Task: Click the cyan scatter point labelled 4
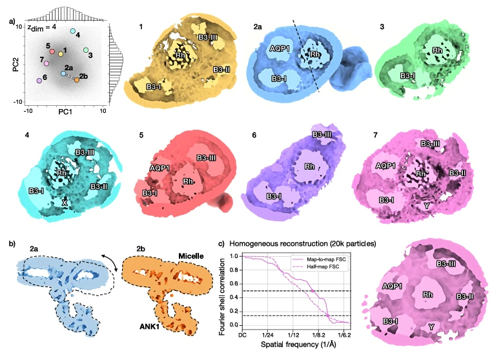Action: coord(73,31)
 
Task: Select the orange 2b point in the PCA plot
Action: coord(77,80)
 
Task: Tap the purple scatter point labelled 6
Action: coord(39,81)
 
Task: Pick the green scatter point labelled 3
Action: coord(86,50)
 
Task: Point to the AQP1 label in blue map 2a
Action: coord(280,48)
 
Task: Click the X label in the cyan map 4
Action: coord(65,203)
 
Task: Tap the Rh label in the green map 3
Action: coord(437,50)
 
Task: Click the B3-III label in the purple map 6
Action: coord(322,134)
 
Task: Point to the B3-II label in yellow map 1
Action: coord(221,69)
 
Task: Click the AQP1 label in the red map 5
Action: coord(159,168)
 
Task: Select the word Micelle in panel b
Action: coord(190,256)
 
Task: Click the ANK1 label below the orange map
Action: coord(149,326)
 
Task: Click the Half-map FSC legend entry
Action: coord(318,266)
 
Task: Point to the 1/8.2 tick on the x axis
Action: coord(318,335)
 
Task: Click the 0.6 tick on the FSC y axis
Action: coord(234,284)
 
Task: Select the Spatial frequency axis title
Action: coord(298,345)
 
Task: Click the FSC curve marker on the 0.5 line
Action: coord(313,291)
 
